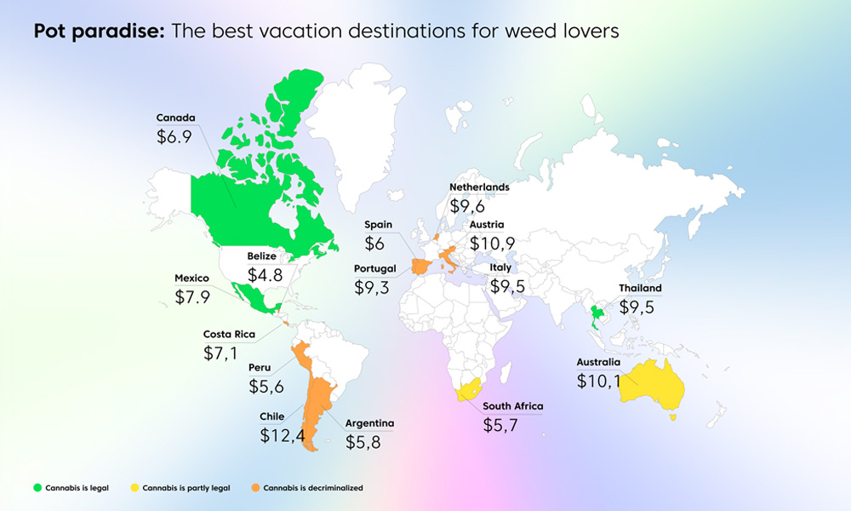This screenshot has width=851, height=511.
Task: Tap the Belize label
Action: pyautogui.click(x=263, y=255)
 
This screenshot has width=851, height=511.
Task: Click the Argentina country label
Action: pyautogui.click(x=369, y=422)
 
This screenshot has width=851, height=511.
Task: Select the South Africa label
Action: pyautogui.click(x=512, y=406)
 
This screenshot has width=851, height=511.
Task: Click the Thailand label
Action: pyautogui.click(x=641, y=288)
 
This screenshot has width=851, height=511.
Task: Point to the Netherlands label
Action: pyautogui.click(x=479, y=187)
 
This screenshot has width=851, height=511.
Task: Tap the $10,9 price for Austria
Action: pyautogui.click(x=492, y=244)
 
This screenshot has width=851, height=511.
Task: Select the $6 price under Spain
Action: pyautogui.click(x=374, y=244)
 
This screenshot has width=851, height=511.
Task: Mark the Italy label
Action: pyautogui.click(x=500, y=267)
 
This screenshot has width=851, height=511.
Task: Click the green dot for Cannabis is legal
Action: pyautogui.click(x=37, y=488)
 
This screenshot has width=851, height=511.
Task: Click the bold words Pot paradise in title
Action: pyautogui.click(x=100, y=32)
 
